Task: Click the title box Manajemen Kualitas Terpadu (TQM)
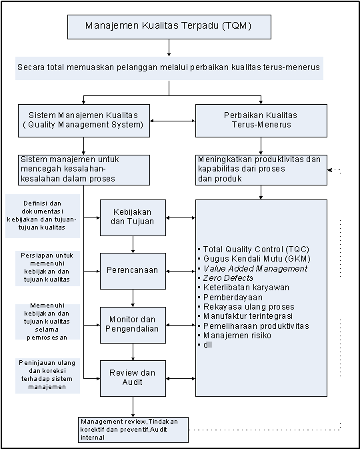(x=169, y=27)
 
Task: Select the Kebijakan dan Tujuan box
(x=133, y=218)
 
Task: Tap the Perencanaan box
(x=133, y=271)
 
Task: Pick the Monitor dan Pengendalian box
(x=133, y=325)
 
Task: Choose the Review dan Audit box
(x=133, y=378)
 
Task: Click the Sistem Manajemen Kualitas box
(x=84, y=121)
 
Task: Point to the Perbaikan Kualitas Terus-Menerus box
(x=261, y=121)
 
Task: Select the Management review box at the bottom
(x=133, y=430)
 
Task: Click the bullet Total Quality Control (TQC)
(x=253, y=249)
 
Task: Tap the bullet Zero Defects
(x=225, y=278)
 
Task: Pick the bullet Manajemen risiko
(x=235, y=336)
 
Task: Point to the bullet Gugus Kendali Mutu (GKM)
(x=254, y=259)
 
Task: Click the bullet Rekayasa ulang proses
(x=246, y=307)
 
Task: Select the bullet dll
(x=205, y=345)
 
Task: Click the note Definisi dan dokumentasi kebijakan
(x=43, y=215)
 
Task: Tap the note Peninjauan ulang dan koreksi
(x=47, y=376)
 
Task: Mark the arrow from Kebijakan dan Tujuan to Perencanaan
(x=133, y=245)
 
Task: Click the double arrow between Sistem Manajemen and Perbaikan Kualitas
(x=173, y=121)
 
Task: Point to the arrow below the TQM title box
(x=169, y=47)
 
